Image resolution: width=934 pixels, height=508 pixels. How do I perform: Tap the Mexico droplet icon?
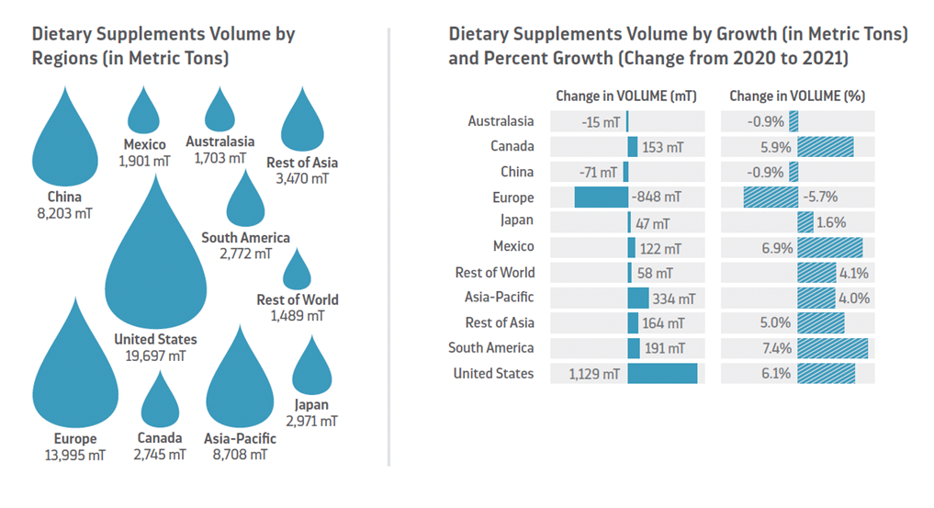143,115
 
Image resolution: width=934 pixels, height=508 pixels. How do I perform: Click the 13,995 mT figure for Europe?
75,455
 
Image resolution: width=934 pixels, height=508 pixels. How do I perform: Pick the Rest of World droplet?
297,273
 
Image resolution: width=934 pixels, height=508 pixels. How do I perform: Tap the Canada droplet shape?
160,404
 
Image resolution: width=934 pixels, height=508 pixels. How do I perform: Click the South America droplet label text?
245,238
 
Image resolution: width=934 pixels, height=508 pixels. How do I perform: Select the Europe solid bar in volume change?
601,197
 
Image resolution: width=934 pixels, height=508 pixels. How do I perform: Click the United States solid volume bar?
662,373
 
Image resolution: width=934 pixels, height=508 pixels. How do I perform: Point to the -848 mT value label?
656,197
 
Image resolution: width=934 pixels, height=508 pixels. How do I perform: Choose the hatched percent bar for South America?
833,348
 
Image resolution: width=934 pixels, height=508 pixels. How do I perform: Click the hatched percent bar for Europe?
771,197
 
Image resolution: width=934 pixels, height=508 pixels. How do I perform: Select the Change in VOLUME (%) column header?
797,96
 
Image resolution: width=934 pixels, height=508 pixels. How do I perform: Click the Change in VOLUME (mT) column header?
626,96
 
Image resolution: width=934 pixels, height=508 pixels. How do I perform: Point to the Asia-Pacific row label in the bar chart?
499,298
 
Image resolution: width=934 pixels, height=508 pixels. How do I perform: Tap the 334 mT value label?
673,299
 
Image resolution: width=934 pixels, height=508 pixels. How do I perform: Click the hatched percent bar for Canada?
826,146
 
